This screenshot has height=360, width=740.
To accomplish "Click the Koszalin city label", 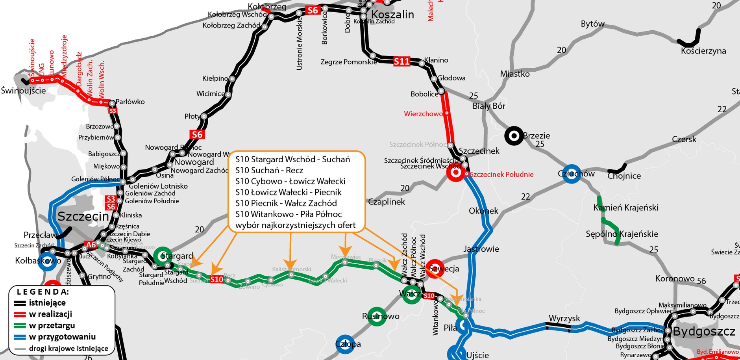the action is point(392,15).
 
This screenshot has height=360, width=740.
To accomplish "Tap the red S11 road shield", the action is point(401,61).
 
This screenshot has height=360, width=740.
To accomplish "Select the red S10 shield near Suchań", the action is point(216,279).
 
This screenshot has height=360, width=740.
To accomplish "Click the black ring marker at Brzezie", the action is point(514,136).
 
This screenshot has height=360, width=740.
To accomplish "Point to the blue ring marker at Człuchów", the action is point(572,174).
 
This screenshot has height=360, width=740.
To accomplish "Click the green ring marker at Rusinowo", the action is point(377,316).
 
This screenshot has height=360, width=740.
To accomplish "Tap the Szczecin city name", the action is point(83,216).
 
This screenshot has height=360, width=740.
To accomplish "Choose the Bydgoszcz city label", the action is point(704,331).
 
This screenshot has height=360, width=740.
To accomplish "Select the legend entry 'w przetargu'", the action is point(52,325).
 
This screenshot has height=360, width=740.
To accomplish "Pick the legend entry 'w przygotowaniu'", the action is point(62,337).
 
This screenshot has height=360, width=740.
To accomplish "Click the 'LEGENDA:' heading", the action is point(43,292).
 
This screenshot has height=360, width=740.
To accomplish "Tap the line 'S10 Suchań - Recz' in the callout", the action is point(269,170).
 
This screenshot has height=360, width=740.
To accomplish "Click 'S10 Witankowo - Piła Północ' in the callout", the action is point(289,214).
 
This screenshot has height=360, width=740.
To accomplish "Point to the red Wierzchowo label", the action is point(423,114).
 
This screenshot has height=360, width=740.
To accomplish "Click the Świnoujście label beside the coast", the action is point(23,91).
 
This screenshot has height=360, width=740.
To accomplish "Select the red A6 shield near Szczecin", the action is point(91,245).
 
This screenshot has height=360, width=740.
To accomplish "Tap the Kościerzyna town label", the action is point(703,51).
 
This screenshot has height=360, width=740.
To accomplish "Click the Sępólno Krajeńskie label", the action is point(622,234).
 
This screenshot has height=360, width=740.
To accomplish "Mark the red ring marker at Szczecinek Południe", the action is point(455,173).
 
